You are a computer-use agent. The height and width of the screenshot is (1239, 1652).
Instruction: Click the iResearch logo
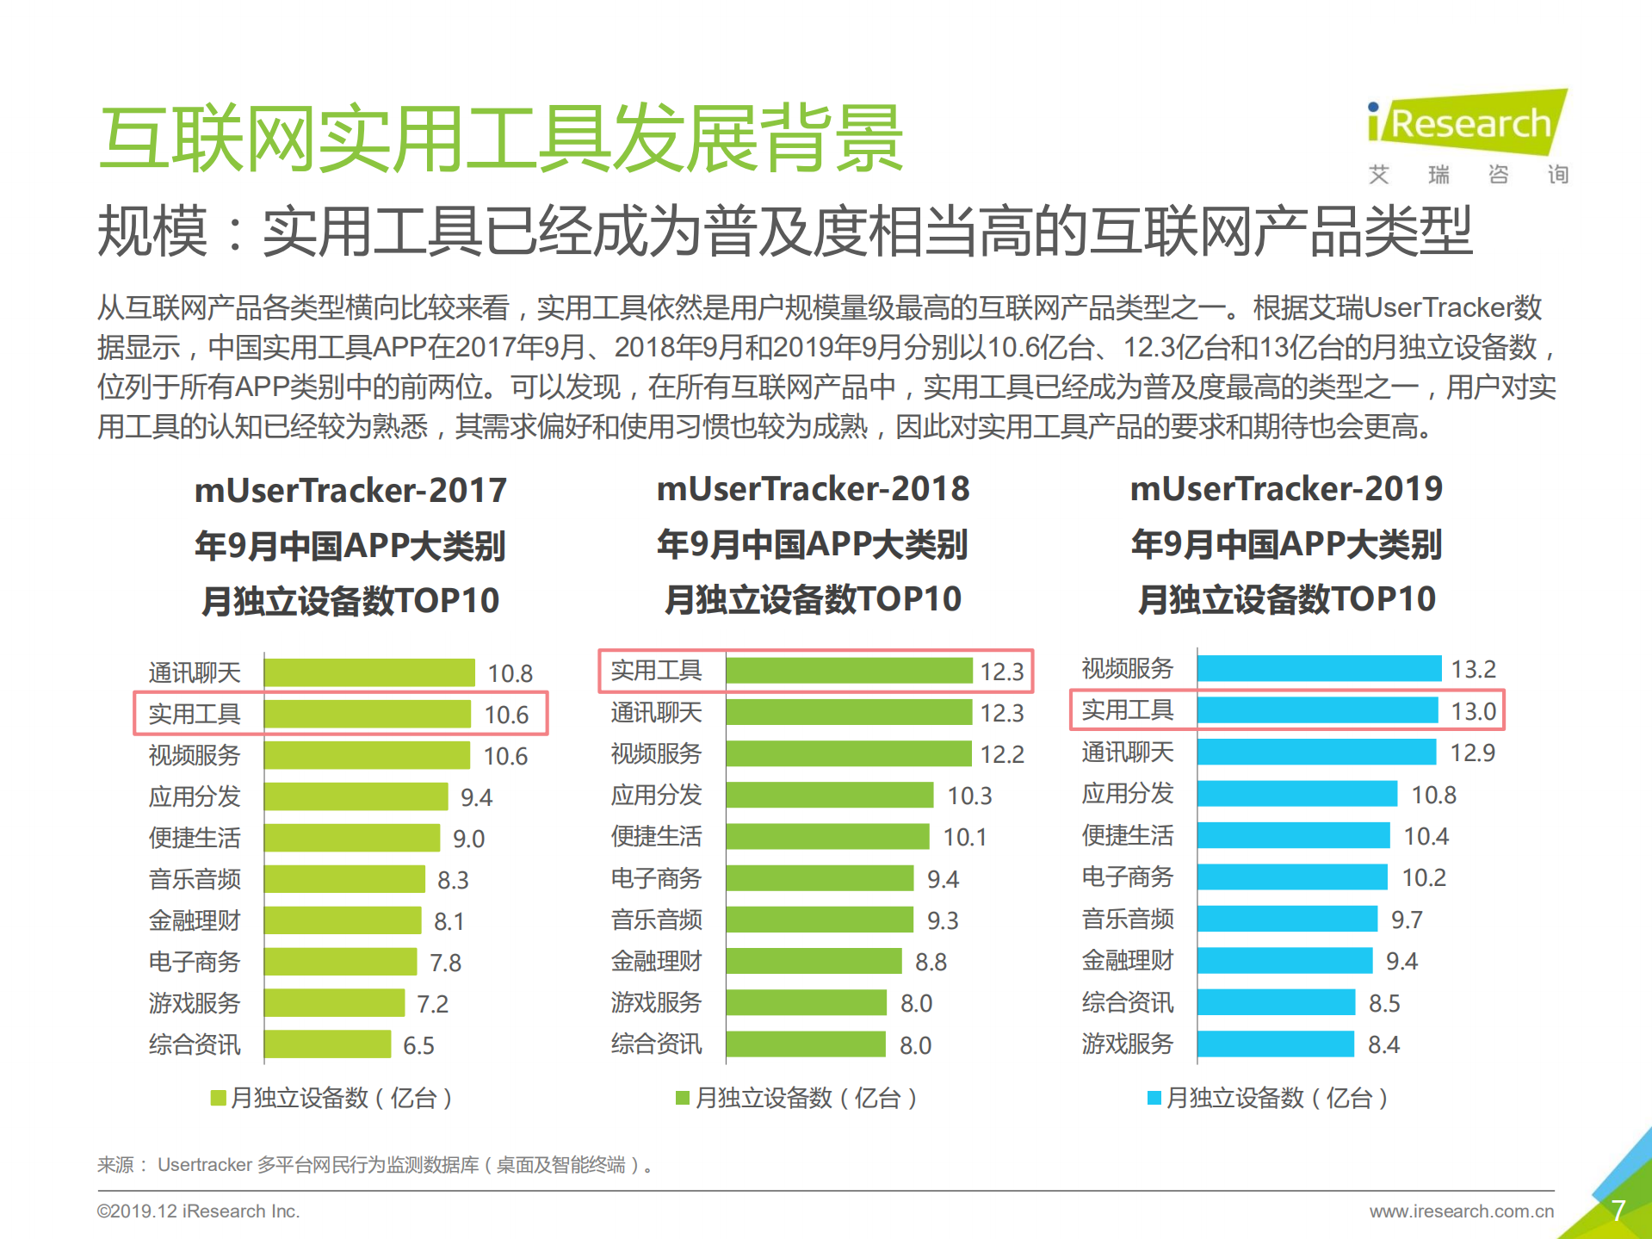(1467, 125)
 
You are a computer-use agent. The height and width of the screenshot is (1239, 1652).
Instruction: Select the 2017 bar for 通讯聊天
(369, 672)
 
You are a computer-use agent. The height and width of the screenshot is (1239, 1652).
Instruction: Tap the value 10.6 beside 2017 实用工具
(506, 715)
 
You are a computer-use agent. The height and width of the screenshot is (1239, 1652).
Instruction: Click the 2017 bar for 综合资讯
(327, 1044)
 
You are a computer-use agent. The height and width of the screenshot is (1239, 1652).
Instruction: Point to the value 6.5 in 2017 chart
(418, 1045)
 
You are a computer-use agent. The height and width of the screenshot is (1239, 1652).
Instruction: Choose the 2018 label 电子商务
(656, 878)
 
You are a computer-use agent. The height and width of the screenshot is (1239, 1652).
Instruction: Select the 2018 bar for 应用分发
(829, 795)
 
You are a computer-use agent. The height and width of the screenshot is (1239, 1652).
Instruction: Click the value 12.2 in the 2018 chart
(1002, 754)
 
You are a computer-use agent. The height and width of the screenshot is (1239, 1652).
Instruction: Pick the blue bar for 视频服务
(1318, 668)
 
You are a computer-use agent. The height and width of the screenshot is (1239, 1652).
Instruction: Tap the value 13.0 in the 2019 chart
(1473, 711)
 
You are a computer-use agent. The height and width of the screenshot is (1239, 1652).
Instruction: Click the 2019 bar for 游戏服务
(1275, 1044)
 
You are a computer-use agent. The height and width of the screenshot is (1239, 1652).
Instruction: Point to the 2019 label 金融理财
(1127, 960)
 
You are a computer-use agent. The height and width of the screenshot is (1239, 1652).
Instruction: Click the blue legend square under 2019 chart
(1155, 1098)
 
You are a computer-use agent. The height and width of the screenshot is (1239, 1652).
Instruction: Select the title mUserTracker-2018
(813, 489)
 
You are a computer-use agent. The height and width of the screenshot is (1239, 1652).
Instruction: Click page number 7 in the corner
(1618, 1210)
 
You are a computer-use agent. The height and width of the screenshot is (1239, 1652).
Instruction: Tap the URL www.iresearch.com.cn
(1461, 1211)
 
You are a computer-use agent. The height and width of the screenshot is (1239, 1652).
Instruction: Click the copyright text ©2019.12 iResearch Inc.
(198, 1211)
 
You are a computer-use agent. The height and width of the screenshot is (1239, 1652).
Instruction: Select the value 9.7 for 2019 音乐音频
(1407, 920)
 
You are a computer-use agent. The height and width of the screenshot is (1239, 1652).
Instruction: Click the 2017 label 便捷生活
(195, 838)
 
